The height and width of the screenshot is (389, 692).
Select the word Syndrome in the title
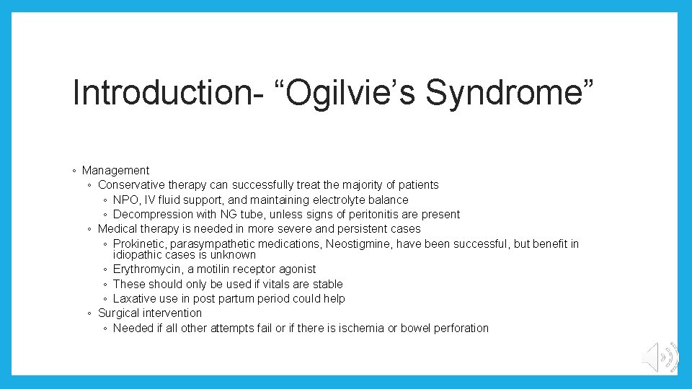pos(505,94)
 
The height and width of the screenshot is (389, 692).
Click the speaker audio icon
pos(660,357)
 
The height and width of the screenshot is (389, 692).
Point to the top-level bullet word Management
pos(115,171)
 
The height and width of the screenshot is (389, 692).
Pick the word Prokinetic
pos(139,244)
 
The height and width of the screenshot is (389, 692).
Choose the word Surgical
pos(119,313)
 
